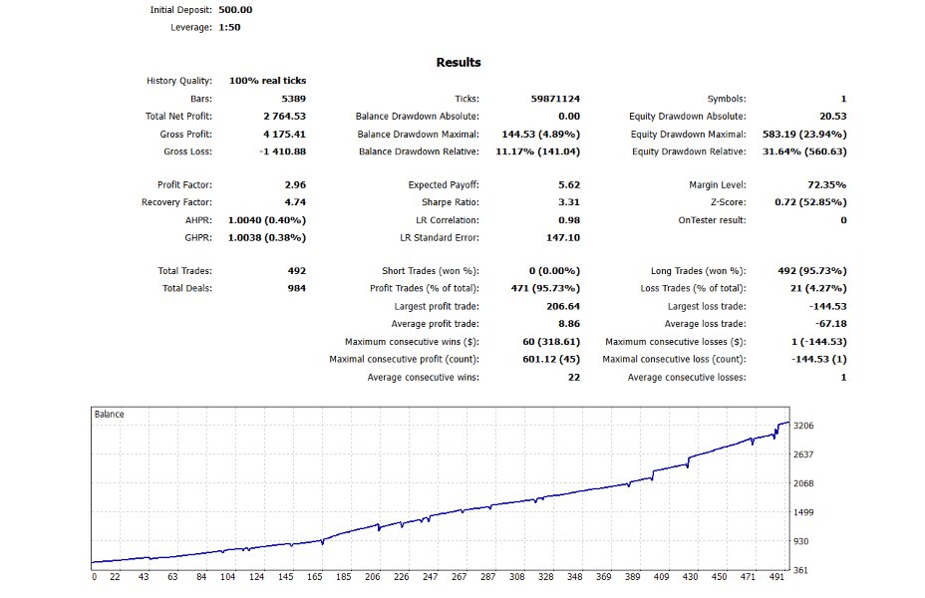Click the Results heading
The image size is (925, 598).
coord(459,62)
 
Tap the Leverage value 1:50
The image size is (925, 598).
coord(229,27)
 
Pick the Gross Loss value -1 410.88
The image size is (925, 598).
coord(283,151)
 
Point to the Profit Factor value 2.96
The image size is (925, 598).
coord(295,185)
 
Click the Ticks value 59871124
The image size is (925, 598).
coord(555,99)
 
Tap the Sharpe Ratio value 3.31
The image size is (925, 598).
coord(569,202)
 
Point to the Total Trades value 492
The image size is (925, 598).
coord(296,271)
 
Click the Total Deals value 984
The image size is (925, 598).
coord(296,288)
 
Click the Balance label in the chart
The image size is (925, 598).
coord(109,414)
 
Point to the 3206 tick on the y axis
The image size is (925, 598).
coord(803,427)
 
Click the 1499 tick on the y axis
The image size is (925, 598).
coord(803,512)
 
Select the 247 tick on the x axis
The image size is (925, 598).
coord(431,577)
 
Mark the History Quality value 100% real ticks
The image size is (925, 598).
coord(267,80)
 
